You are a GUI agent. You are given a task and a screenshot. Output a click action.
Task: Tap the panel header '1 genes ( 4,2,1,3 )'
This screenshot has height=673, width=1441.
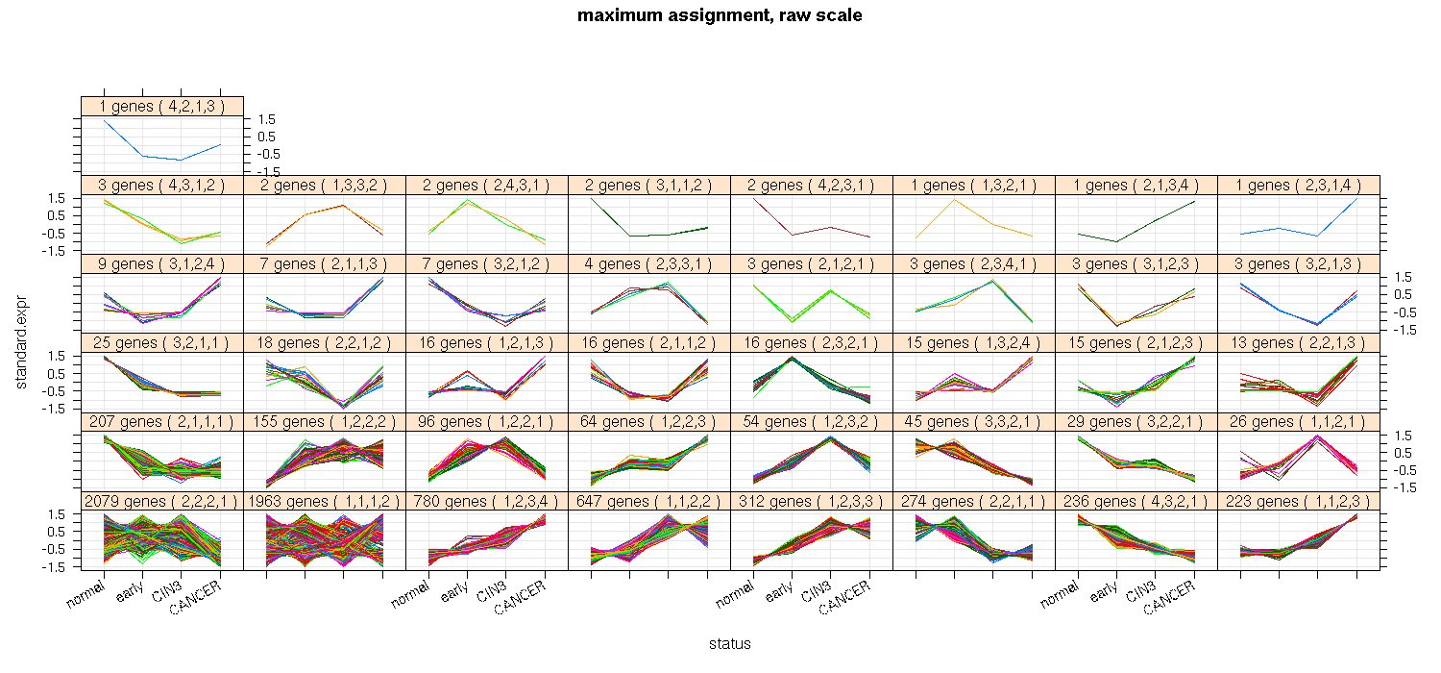click(x=162, y=107)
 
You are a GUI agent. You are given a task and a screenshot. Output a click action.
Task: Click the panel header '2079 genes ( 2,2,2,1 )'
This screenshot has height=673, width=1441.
click(x=162, y=501)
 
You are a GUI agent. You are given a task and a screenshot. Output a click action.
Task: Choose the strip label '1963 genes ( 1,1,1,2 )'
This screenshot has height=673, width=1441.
click(x=325, y=501)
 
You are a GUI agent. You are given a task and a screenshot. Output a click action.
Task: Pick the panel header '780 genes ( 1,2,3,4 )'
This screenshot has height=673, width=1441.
click(x=487, y=501)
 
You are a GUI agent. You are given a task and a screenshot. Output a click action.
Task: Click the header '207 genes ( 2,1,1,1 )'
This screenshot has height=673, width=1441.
click(x=162, y=422)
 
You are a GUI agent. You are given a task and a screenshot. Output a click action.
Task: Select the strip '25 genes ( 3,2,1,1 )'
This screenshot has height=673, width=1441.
click(x=162, y=343)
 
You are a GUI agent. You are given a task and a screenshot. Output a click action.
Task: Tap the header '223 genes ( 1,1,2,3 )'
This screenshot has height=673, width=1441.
click(x=1299, y=501)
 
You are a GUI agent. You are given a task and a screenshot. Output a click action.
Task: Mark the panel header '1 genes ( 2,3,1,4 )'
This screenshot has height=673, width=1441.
click(x=1299, y=186)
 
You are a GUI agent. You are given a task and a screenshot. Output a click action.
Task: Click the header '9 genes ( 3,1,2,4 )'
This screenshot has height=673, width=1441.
click(x=162, y=264)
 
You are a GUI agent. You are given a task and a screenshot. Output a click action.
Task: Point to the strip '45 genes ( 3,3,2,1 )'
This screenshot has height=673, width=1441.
click(x=974, y=422)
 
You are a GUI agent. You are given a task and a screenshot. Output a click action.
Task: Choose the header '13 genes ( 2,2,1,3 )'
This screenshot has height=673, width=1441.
click(x=1299, y=343)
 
